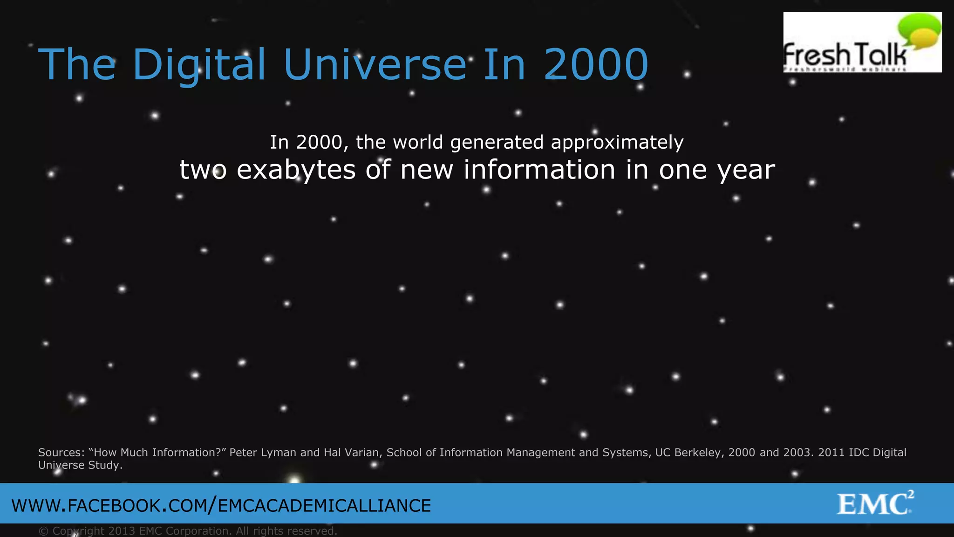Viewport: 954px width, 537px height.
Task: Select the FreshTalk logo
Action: click(x=862, y=42)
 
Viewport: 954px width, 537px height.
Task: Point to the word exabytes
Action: click(x=296, y=170)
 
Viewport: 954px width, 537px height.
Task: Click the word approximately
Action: click(x=617, y=142)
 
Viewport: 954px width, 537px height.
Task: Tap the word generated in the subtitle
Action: click(x=497, y=142)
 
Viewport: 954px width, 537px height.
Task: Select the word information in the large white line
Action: click(x=539, y=170)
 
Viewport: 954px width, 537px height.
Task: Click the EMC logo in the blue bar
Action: click(x=875, y=503)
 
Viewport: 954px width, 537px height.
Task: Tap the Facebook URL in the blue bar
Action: click(x=221, y=506)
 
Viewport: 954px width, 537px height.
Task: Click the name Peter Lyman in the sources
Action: click(x=263, y=453)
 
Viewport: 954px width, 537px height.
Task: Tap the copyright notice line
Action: click(x=188, y=531)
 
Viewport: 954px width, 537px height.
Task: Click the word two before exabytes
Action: click(x=203, y=170)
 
